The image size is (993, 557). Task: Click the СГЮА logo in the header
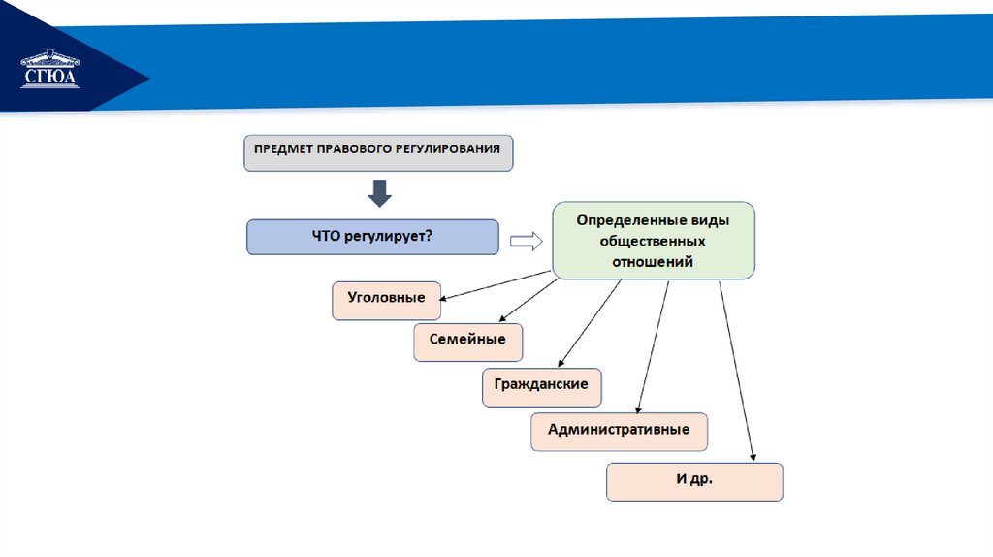coord(50,70)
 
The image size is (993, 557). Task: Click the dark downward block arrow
coord(379,193)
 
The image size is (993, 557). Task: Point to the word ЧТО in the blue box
coord(326,236)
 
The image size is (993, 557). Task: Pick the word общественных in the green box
coord(653,241)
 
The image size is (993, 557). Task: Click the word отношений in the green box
coord(653,261)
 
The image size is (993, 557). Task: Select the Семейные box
coord(467,342)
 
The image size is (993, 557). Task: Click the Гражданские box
coord(541,385)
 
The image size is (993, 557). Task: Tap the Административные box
coord(619,430)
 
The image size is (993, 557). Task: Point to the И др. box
coord(694,480)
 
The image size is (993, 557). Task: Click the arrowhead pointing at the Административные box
coord(637,409)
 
